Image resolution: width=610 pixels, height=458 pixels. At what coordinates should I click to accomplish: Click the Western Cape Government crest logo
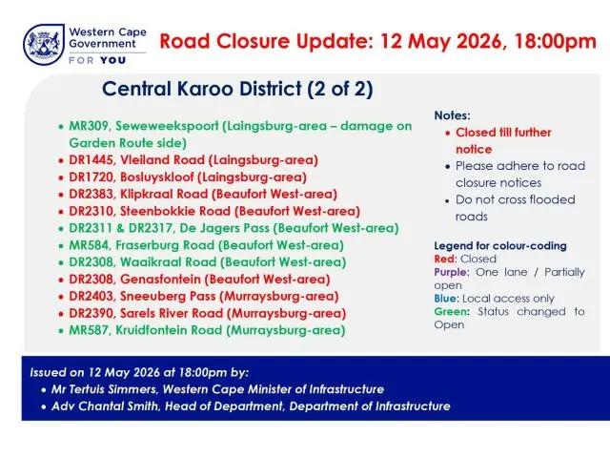(44, 45)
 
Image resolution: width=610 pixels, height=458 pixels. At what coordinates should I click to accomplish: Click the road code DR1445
(91, 160)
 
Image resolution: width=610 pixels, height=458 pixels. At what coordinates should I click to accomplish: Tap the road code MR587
(89, 330)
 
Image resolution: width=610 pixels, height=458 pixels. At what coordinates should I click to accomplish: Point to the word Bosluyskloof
(156, 177)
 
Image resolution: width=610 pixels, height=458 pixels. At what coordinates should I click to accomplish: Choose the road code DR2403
(92, 297)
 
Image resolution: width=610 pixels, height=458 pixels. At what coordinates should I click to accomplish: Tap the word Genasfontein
(160, 280)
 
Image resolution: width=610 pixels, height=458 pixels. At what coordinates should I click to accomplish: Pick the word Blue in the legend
(446, 299)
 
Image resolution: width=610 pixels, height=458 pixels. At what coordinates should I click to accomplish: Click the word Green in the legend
(451, 312)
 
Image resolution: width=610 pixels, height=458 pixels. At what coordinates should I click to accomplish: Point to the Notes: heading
(452, 115)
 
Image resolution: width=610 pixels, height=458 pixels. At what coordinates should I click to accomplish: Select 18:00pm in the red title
(555, 41)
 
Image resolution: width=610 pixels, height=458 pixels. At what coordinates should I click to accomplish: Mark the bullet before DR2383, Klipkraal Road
(61, 195)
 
